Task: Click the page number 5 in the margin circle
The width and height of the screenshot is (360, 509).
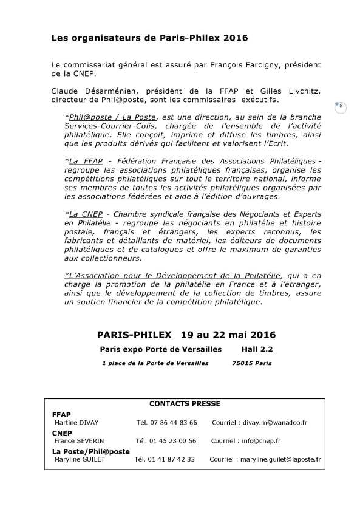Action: tap(341, 106)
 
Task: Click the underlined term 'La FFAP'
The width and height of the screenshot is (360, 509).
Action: tap(85, 160)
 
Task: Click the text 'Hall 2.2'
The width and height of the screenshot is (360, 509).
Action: tap(257, 350)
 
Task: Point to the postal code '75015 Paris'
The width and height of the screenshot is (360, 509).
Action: tap(251, 363)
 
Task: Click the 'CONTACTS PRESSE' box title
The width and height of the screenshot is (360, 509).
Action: tap(185, 403)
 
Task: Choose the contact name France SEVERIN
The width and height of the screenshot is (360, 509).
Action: tap(78, 441)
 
